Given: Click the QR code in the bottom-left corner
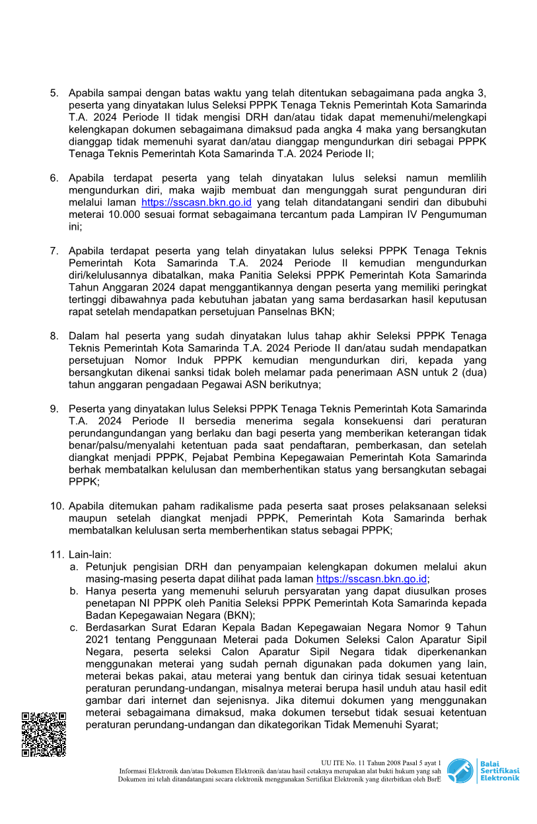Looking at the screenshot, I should [44, 734].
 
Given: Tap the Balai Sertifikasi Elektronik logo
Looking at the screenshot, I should [483, 771].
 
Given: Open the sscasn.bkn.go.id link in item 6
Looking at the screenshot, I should [196, 203].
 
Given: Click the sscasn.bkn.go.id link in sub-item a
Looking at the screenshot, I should [371, 579].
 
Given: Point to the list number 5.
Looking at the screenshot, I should [54, 93].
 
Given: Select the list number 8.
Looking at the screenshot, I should [54, 336].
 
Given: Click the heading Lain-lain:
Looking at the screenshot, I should [90, 554].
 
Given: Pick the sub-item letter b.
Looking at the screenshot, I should [74, 591].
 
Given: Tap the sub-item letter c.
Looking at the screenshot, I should [74, 627].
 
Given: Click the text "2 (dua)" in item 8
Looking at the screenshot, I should [470, 372].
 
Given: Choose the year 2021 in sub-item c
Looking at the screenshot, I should [98, 640].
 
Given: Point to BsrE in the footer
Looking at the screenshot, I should [433, 779].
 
